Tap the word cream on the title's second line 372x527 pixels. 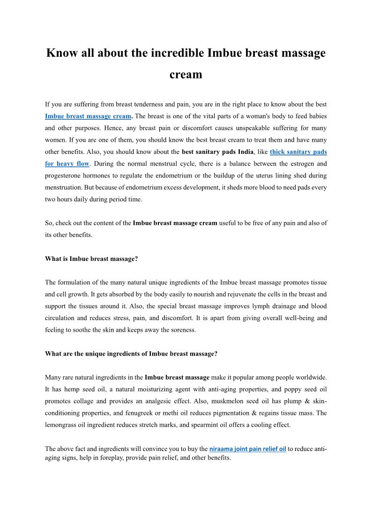tap(186, 74)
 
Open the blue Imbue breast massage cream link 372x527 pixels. tap(88, 116)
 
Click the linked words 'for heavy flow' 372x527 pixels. tap(67, 164)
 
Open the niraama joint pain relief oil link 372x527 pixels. tap(247, 449)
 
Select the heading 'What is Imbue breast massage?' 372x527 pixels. tap(91, 259)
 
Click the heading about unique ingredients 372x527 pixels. tap(131, 354)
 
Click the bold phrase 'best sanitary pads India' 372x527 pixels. tap(217, 152)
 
